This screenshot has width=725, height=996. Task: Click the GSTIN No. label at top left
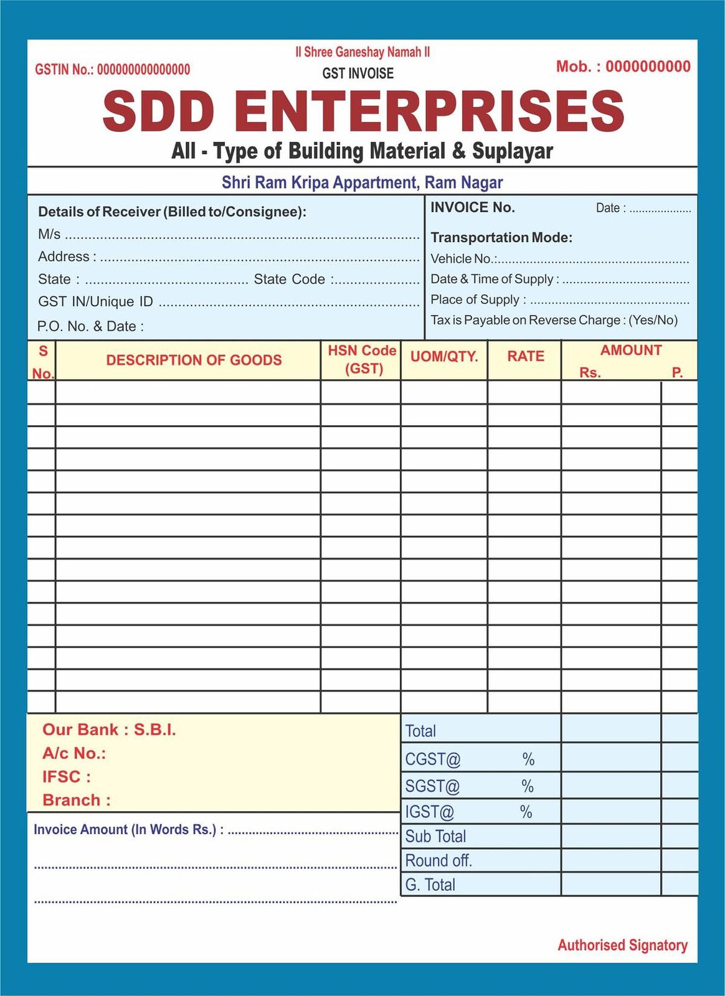coord(64,70)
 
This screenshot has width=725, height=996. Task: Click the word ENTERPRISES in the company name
coord(429,111)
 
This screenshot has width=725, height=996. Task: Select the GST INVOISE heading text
coord(358,73)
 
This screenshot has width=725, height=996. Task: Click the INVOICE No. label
coord(472,207)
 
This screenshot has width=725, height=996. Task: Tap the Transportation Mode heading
coord(501,237)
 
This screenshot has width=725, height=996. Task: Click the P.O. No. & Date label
coord(90,326)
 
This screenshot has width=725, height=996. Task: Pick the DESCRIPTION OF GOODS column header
coord(194,360)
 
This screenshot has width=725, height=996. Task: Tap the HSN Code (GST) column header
coord(363,359)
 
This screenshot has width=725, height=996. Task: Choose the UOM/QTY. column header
coord(444,357)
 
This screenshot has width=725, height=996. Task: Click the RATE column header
coord(525,356)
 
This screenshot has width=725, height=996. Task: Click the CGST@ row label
coord(432,759)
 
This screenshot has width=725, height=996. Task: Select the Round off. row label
coord(438,861)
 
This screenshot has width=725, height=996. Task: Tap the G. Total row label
coord(430,885)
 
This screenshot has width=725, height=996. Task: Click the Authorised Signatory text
coord(622,945)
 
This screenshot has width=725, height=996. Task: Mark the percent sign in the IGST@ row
coord(526,812)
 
